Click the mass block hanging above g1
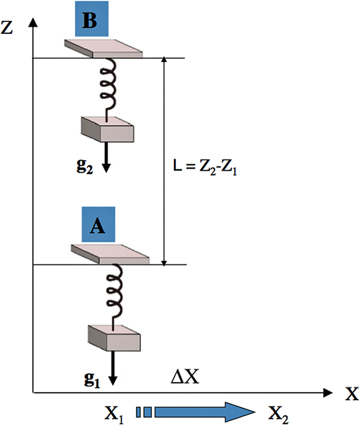(x=114, y=338)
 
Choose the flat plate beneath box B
(x=106, y=49)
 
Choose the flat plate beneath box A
(x=111, y=254)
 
